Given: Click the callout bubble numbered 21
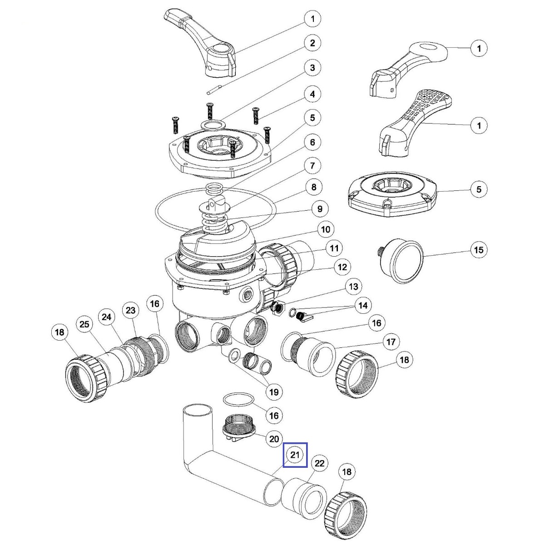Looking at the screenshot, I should (296, 455).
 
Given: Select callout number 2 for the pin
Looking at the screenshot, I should (312, 44).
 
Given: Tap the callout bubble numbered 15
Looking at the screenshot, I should (479, 250).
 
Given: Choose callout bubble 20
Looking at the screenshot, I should (274, 439).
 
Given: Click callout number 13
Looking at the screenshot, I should (353, 287).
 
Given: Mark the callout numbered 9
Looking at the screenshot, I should (320, 209).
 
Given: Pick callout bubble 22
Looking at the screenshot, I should (320, 464).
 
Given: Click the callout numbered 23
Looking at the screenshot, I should (131, 311).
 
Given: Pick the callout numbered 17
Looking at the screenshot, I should (391, 341).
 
